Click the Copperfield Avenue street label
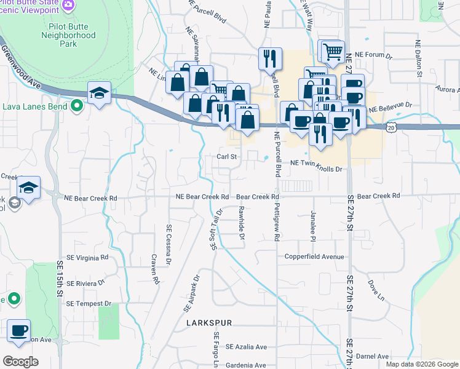(x=314, y=256)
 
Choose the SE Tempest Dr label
(x=89, y=304)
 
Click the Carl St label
(x=226, y=157)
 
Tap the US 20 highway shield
(x=391, y=127)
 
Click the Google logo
(x=20, y=362)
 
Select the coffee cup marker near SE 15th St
(x=18, y=330)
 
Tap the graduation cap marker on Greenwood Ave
(x=98, y=92)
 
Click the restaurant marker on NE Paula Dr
(x=270, y=58)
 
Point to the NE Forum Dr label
(x=378, y=55)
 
